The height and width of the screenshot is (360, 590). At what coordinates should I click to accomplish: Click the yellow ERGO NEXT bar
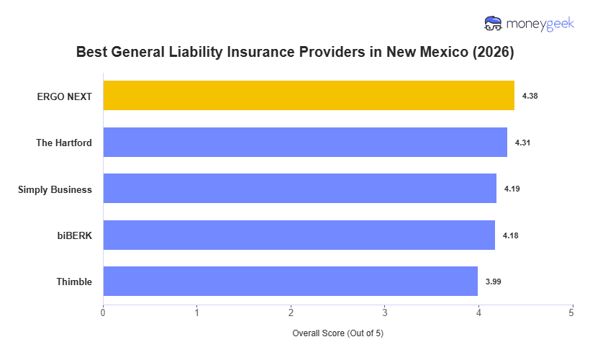[309, 96]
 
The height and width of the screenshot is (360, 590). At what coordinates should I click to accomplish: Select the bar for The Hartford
[305, 143]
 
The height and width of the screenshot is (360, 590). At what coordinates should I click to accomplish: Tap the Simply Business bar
[299, 189]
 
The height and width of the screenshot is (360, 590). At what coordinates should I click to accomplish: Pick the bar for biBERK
[299, 235]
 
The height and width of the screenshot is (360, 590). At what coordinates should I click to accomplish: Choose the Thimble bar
[290, 282]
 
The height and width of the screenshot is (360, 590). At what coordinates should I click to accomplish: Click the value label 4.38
[530, 96]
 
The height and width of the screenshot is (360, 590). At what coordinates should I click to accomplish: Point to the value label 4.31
[523, 143]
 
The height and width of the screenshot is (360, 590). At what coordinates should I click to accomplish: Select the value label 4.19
[512, 189]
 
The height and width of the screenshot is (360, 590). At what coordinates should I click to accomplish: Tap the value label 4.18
[511, 235]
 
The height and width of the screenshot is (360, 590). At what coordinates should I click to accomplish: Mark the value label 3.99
[493, 282]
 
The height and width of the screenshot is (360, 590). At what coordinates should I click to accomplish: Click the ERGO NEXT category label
[65, 96]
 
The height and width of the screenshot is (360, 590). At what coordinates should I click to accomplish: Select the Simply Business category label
[55, 189]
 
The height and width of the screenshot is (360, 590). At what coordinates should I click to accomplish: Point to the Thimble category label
[74, 282]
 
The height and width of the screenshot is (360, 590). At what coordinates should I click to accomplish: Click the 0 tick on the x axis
[103, 312]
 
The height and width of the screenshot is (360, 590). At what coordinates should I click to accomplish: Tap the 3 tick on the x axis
[384, 312]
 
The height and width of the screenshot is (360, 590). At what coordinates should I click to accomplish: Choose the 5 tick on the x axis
[571, 312]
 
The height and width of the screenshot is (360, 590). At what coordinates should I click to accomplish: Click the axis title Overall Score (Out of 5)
[337, 334]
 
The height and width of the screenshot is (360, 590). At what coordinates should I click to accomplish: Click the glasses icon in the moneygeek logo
[494, 24]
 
